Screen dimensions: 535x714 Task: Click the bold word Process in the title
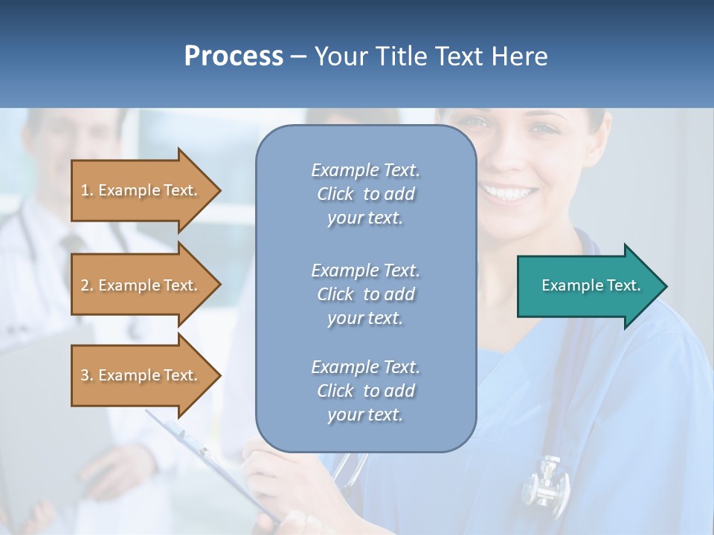(x=234, y=56)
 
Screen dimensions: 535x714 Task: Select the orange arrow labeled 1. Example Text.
(x=141, y=190)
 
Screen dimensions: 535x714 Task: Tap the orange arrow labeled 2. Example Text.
(x=141, y=285)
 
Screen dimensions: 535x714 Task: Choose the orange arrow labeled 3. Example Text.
(x=141, y=375)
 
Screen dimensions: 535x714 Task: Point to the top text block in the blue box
(x=365, y=194)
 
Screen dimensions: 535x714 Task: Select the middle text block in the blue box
(x=365, y=294)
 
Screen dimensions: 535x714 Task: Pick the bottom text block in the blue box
(x=365, y=391)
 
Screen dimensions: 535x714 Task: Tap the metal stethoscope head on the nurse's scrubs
(x=546, y=483)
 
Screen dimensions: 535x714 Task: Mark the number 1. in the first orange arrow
(x=87, y=190)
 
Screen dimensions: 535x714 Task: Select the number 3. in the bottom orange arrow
(x=87, y=375)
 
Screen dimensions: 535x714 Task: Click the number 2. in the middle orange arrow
(x=87, y=285)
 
